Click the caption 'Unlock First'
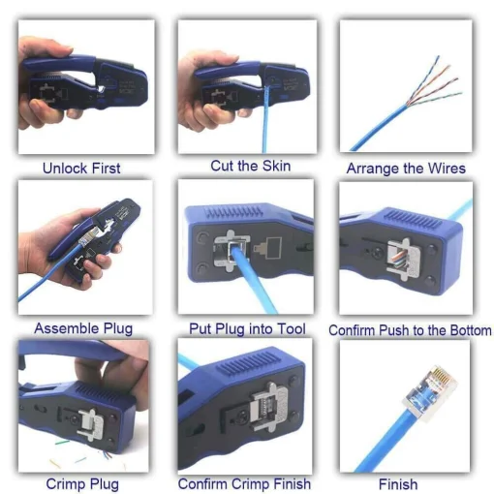[81, 169]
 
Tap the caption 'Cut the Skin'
[250, 166]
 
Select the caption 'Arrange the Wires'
[406, 169]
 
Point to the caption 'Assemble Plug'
[83, 328]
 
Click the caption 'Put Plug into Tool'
[248, 329]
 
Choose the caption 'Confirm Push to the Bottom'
[410, 330]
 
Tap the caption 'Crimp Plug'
[82, 483]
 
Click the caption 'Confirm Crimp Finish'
[245, 483]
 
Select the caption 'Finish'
[398, 483]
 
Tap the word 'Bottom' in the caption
[468, 330]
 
